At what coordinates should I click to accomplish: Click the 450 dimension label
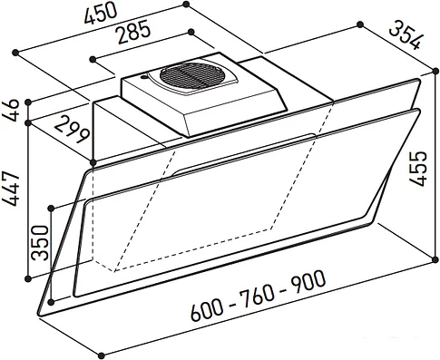pos(101,14)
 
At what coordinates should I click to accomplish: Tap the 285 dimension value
pos(134,32)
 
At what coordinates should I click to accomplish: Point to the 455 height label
pos(417,168)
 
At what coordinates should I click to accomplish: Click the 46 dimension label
pos(13,110)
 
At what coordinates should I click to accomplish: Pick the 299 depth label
pos(73,130)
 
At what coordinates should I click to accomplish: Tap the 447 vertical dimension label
pos(12,189)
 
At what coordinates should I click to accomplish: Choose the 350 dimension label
pos(40,243)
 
